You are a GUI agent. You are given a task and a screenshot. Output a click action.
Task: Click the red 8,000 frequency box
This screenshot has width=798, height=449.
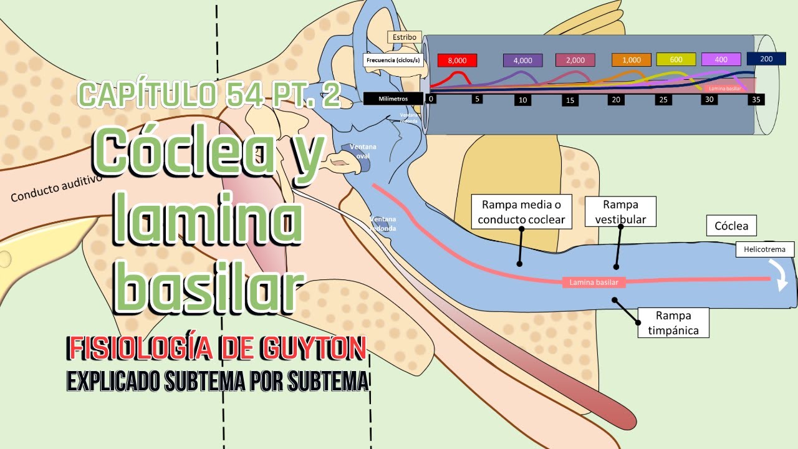point(457,60)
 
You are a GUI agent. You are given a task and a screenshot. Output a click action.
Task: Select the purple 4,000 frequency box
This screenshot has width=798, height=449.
point(522,60)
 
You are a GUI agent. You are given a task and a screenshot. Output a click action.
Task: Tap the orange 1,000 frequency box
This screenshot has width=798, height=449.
point(631,60)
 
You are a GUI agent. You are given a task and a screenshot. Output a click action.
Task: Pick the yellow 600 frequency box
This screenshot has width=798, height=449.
point(676,59)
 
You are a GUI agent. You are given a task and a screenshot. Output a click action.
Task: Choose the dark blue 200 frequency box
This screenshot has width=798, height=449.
point(766,58)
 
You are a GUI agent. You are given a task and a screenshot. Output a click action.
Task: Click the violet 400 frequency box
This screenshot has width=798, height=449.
point(721,59)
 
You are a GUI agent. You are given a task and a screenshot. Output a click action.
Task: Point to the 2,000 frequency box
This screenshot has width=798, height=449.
point(575,60)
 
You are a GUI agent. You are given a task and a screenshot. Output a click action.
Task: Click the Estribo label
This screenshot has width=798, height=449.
point(405,37)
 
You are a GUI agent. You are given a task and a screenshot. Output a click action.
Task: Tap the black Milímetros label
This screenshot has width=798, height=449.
point(393,99)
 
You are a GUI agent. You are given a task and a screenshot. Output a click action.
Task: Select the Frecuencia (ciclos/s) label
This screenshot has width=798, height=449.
point(393,60)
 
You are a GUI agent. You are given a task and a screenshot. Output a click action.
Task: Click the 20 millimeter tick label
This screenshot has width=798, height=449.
point(615,100)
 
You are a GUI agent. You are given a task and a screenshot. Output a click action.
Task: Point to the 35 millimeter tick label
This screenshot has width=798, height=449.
point(757,99)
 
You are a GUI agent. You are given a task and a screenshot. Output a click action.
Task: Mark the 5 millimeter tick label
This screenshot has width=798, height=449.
point(477,98)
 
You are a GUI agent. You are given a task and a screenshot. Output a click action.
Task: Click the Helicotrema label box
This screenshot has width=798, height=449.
point(765,249)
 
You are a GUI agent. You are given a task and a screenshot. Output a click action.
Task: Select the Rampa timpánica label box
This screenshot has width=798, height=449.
point(673,322)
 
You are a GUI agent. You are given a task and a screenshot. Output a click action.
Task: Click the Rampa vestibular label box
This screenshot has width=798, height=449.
point(620,212)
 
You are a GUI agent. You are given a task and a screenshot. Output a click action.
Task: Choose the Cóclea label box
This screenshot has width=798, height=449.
point(731,226)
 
